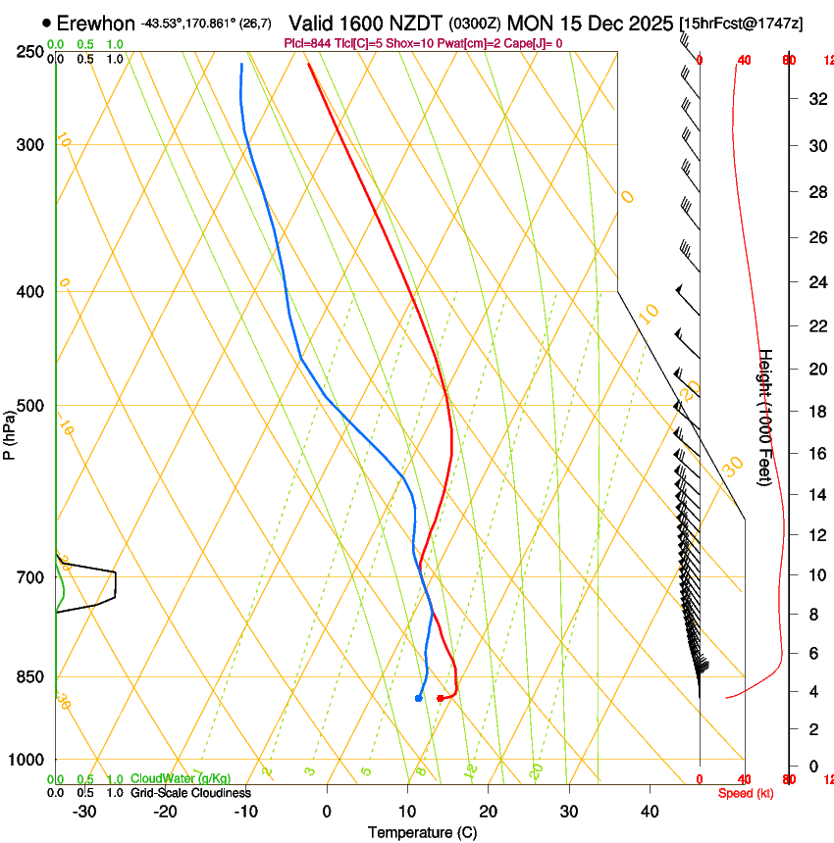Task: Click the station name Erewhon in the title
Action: [x=96, y=23]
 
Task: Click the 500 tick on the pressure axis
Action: [x=31, y=406]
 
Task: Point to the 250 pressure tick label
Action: [x=31, y=52]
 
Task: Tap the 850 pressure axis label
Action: [x=31, y=676]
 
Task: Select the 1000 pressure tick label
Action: [x=28, y=760]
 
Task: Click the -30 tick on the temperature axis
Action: [x=84, y=811]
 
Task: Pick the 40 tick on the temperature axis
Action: [x=650, y=811]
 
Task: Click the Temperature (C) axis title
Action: [x=422, y=832]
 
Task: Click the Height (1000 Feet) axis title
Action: [x=766, y=417]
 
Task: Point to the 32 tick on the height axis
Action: [x=815, y=98]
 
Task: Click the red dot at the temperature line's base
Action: [x=440, y=698]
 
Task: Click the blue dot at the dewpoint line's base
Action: [x=419, y=698]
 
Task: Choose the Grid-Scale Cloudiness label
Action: [x=190, y=793]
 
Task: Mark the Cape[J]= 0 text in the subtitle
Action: [x=534, y=43]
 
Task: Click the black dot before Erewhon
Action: [x=46, y=23]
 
